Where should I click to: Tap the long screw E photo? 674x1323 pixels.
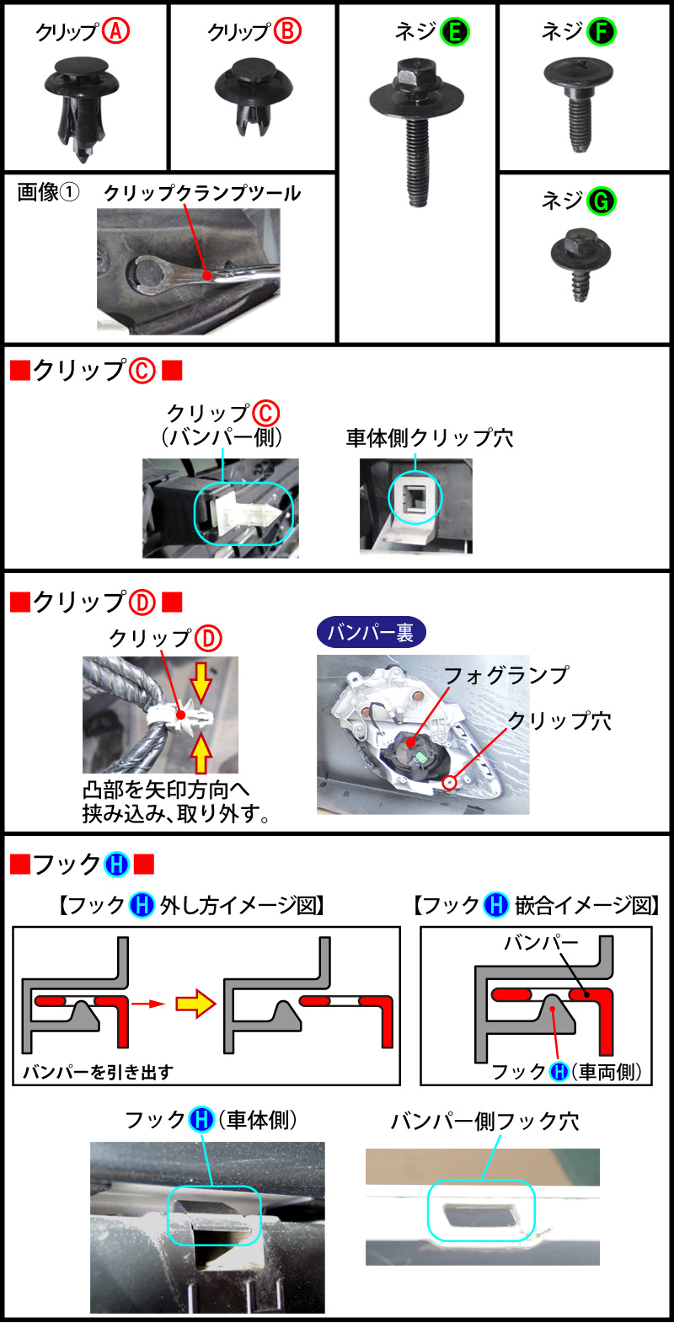(x=417, y=126)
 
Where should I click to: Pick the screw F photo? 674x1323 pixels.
(x=578, y=101)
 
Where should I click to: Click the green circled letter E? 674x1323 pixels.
(x=456, y=32)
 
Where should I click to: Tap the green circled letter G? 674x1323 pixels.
(x=602, y=201)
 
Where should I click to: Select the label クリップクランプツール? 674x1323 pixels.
(x=202, y=193)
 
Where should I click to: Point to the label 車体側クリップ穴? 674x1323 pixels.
(x=429, y=438)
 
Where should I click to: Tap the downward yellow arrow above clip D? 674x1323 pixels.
(x=201, y=680)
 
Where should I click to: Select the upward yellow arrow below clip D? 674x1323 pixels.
(x=201, y=753)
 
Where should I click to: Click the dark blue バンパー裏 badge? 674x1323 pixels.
(x=371, y=632)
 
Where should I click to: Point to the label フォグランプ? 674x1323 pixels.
(x=505, y=675)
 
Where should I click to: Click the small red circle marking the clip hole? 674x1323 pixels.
(x=449, y=783)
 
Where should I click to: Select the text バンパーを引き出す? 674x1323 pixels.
(x=98, y=1072)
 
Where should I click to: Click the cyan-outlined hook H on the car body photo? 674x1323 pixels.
(x=214, y=1216)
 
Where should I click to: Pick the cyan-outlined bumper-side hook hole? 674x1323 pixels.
(x=481, y=1211)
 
